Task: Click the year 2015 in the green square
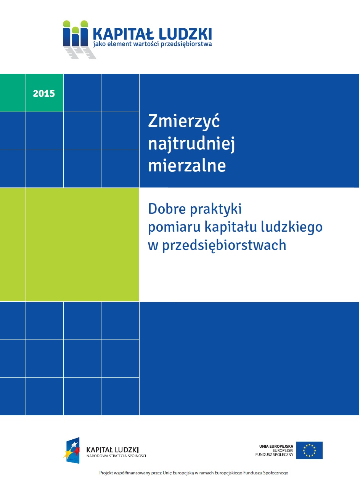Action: click(44, 93)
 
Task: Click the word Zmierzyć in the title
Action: click(184, 122)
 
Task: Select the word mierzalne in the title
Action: click(187, 166)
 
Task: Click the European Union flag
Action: click(309, 450)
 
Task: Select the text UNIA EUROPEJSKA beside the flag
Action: click(276, 446)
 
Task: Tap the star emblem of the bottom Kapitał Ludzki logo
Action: click(72, 450)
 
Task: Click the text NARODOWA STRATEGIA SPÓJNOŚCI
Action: click(116, 456)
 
